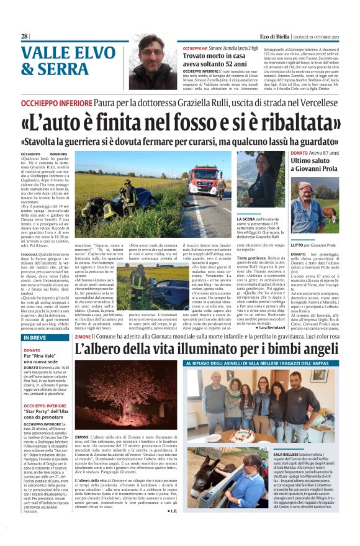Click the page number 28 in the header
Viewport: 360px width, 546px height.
coord(24,37)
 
